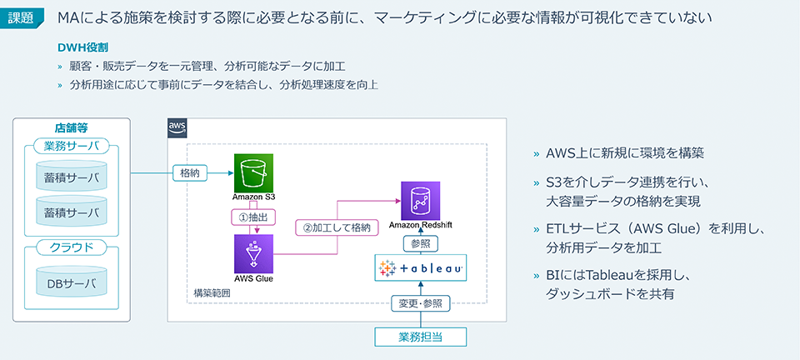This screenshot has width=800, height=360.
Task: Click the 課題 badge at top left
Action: (x=22, y=17)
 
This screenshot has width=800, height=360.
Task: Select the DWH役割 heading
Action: (x=84, y=47)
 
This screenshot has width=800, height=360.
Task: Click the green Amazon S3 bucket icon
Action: (x=254, y=173)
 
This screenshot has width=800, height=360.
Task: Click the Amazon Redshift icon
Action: (x=420, y=201)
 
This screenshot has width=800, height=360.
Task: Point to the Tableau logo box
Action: (x=421, y=268)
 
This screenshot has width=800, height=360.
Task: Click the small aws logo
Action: (x=177, y=127)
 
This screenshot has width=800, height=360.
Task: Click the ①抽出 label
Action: (x=253, y=216)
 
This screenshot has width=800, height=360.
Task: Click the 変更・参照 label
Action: (x=421, y=304)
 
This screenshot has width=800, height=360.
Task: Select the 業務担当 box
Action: (x=421, y=337)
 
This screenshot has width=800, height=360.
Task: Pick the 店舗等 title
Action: (x=72, y=127)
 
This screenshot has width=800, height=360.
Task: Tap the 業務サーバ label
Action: (x=72, y=147)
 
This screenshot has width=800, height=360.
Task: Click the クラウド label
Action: (x=72, y=247)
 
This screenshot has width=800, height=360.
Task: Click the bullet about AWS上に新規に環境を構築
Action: (x=625, y=153)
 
